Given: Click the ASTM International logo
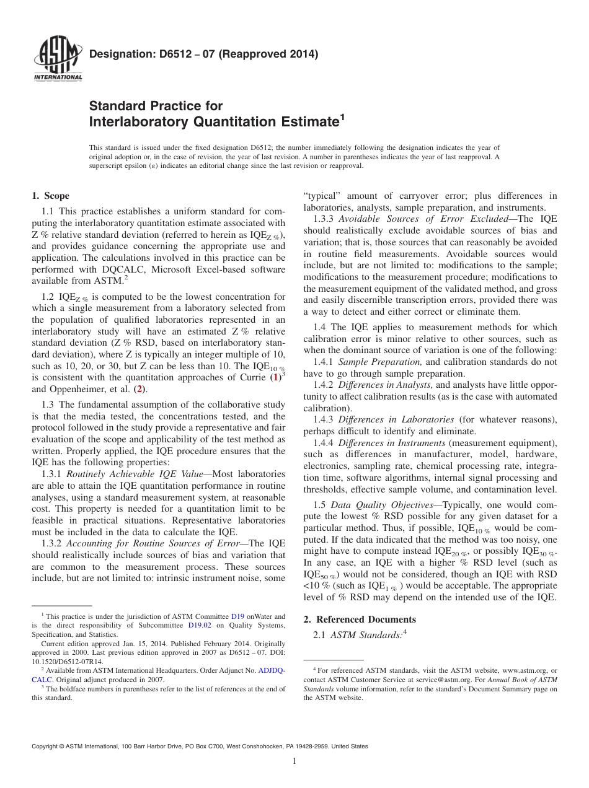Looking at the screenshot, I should [57, 59].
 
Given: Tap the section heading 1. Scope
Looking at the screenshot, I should [50, 196].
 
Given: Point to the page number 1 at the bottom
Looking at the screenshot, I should [294, 761].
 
